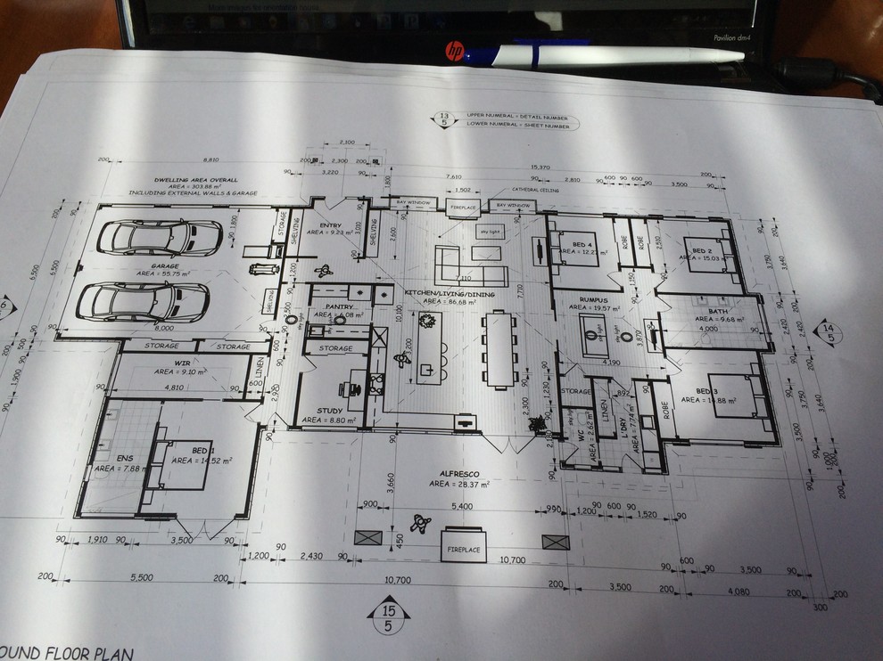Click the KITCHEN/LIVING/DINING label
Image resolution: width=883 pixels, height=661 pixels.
pos(445,293)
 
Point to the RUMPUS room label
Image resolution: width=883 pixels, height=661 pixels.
pos(592,300)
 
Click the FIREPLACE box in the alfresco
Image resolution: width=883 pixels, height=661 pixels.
pos(462,550)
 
